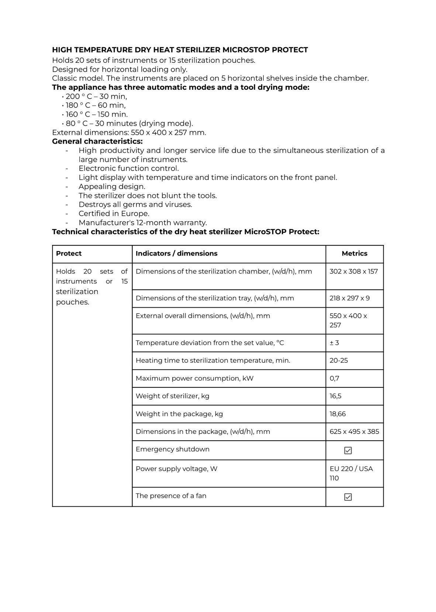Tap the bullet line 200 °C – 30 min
(x=96, y=96)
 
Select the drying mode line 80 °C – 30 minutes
(x=129, y=123)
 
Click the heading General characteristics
(x=97, y=141)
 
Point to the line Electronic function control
(x=129, y=168)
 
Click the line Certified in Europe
(x=114, y=213)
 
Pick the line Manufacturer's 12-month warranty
(x=143, y=223)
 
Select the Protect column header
(x=69, y=254)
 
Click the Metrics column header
(x=354, y=254)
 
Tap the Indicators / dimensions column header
(x=177, y=254)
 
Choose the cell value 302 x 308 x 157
(x=354, y=271)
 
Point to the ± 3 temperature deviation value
(x=334, y=343)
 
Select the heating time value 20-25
(x=339, y=360)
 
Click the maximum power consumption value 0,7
(x=335, y=378)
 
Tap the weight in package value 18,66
(x=338, y=414)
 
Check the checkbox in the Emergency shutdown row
(x=348, y=451)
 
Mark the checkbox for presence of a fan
(x=348, y=497)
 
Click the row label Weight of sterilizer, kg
(x=173, y=396)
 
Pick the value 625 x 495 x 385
(x=354, y=432)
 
